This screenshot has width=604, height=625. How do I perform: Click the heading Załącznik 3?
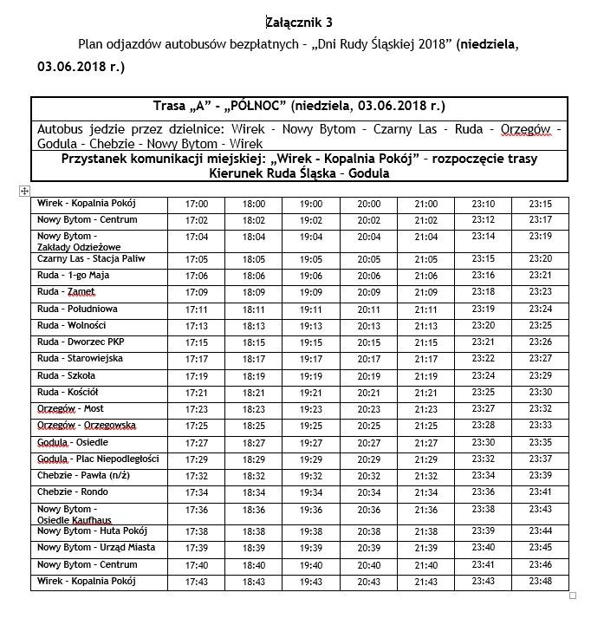pos(297,22)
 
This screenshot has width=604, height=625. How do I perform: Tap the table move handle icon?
pos(25,191)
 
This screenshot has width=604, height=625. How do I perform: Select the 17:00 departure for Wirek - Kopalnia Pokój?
pos(197,205)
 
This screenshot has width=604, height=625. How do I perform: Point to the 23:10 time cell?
pos(483,205)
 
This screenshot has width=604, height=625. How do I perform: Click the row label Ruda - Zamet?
pos(66,292)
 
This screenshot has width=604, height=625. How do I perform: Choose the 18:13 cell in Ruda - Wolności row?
pos(254,326)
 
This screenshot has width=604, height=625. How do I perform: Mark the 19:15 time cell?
pos(311,342)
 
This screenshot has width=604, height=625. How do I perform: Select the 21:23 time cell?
pos(425,409)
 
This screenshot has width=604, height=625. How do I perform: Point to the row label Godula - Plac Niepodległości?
pos(98,459)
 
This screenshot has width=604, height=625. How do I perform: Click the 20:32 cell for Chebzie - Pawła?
pos(368,476)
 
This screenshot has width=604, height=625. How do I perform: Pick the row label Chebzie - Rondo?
pos(73,492)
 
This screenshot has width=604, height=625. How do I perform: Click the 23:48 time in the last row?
pos(541,582)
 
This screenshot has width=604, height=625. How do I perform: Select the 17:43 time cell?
pos(197,582)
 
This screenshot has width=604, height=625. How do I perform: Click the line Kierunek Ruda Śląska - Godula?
pos(299,173)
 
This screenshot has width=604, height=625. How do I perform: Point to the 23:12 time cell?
pos(483,220)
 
